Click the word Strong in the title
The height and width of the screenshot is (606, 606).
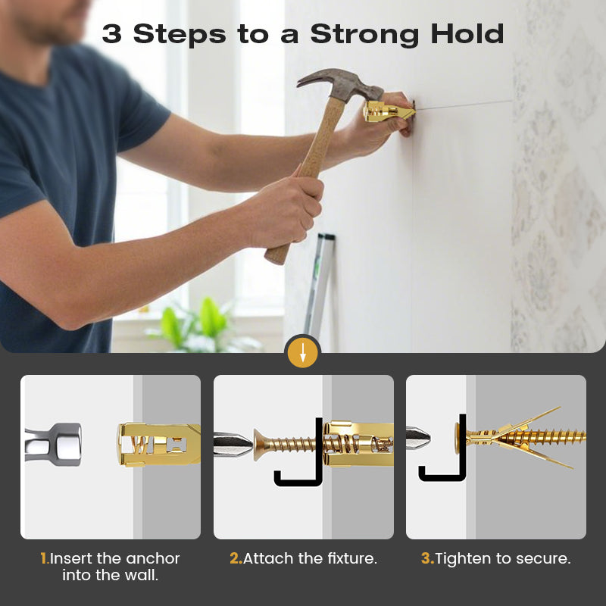(364, 35)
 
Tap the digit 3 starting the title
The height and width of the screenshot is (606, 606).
(111, 33)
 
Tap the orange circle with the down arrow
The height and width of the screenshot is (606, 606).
(303, 352)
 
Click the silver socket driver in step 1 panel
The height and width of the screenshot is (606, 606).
(53, 444)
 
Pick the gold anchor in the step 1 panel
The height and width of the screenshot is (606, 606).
(159, 445)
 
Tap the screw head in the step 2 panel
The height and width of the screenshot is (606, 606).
(261, 445)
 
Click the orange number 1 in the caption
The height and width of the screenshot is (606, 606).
(45, 558)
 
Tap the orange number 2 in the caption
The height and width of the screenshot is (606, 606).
(236, 558)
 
